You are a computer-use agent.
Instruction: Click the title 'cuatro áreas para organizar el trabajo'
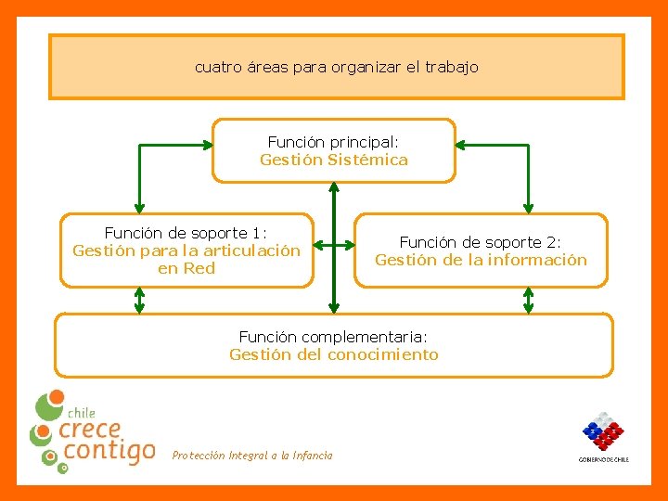click(x=336, y=68)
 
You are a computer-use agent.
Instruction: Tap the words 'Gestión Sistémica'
click(x=333, y=160)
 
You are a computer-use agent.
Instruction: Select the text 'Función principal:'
click(x=333, y=142)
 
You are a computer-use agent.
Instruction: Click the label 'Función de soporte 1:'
click(x=186, y=233)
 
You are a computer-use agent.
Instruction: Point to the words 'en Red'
click(x=186, y=268)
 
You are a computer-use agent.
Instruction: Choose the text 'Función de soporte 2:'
click(x=481, y=242)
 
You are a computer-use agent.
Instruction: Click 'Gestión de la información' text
click(x=481, y=260)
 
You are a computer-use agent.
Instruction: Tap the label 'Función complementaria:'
click(x=333, y=337)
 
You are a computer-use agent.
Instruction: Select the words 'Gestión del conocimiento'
click(x=333, y=354)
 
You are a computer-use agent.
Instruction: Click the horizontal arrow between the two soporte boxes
click(x=334, y=246)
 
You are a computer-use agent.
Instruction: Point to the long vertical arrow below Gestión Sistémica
click(x=334, y=246)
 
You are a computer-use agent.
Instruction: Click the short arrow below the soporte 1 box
click(x=139, y=300)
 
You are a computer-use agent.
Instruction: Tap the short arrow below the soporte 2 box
click(x=529, y=300)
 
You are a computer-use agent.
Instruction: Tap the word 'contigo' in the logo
click(x=107, y=452)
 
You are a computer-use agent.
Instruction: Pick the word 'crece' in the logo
click(x=90, y=430)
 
